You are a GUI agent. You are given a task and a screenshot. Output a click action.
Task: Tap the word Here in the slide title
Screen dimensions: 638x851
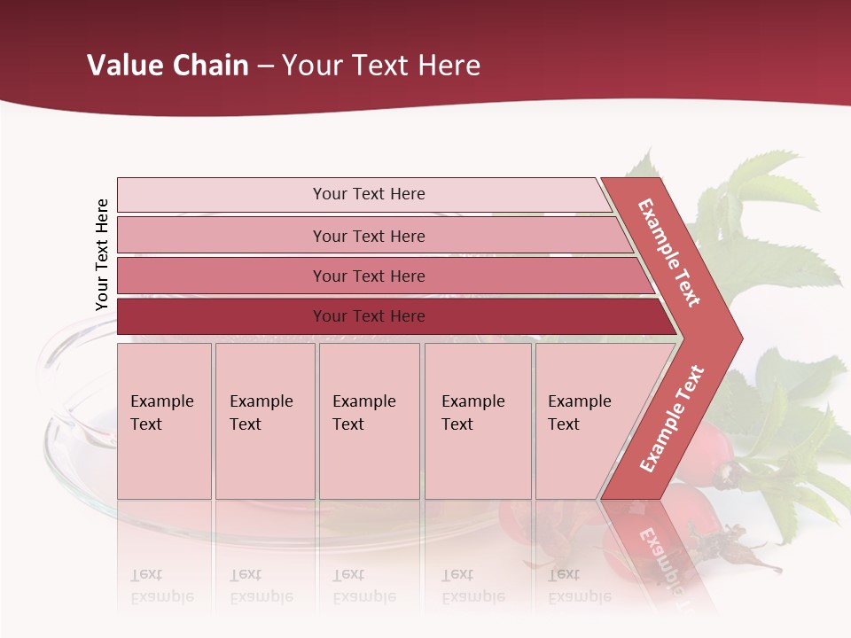[449, 65]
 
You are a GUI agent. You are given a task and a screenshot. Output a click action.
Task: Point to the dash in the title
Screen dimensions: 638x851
[265, 66]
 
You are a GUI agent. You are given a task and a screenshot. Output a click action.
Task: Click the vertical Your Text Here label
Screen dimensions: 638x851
[102, 254]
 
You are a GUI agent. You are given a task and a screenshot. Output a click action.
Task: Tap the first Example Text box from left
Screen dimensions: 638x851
[164, 421]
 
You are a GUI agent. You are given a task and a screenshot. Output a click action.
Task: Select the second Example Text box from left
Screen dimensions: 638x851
[265, 421]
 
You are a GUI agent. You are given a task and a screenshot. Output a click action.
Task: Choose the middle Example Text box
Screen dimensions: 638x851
[369, 421]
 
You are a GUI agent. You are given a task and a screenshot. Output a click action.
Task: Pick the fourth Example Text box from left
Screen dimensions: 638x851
[478, 421]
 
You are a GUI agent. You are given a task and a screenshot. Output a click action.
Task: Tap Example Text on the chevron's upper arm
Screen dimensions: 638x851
[670, 253]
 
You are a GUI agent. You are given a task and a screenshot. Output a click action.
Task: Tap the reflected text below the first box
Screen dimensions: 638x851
[161, 586]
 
